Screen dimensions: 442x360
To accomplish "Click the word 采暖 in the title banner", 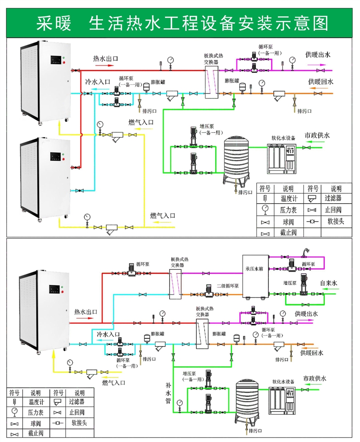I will click(x=53, y=23).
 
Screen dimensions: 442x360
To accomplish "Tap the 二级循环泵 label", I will click(x=227, y=286).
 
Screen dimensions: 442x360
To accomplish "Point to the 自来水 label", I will click(x=329, y=283).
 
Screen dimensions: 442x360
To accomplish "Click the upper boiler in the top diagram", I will click(x=44, y=82).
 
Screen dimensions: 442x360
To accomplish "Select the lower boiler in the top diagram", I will click(x=44, y=178).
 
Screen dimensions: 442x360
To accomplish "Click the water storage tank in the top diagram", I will click(x=237, y=159).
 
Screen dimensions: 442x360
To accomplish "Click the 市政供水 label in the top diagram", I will click(x=317, y=135).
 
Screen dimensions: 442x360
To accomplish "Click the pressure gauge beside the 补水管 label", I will click(x=180, y=403).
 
